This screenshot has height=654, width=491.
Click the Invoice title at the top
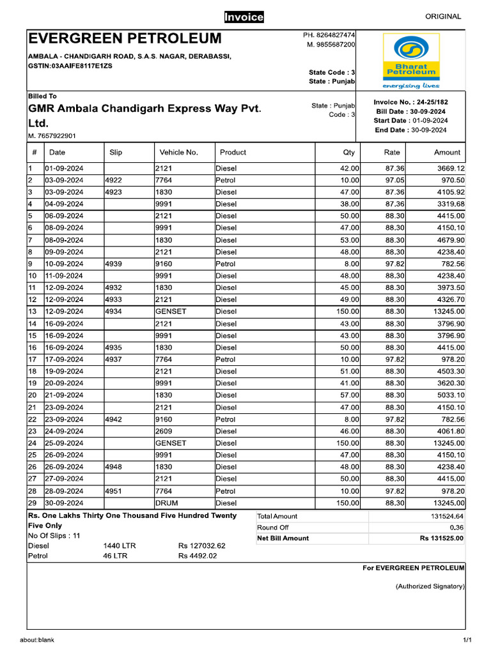point(244,17)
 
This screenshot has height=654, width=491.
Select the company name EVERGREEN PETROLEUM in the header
point(125,38)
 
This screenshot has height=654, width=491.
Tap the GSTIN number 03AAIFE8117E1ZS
point(70,66)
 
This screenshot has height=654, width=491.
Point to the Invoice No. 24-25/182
point(410,102)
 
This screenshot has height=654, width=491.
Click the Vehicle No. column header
point(178,153)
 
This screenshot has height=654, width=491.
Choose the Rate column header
point(392,153)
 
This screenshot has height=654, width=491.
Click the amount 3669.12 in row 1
point(451,169)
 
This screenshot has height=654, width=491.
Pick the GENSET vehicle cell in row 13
point(171,312)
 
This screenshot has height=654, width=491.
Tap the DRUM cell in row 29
point(167,503)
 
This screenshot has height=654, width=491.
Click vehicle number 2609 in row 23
point(164,431)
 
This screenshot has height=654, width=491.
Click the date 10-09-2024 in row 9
point(64,264)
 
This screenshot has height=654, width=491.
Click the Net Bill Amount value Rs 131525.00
point(442,538)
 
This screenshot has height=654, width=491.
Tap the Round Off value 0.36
point(456,528)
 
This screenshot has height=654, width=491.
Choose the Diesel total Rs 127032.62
point(202,546)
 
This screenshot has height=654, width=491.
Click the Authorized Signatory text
point(430,586)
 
